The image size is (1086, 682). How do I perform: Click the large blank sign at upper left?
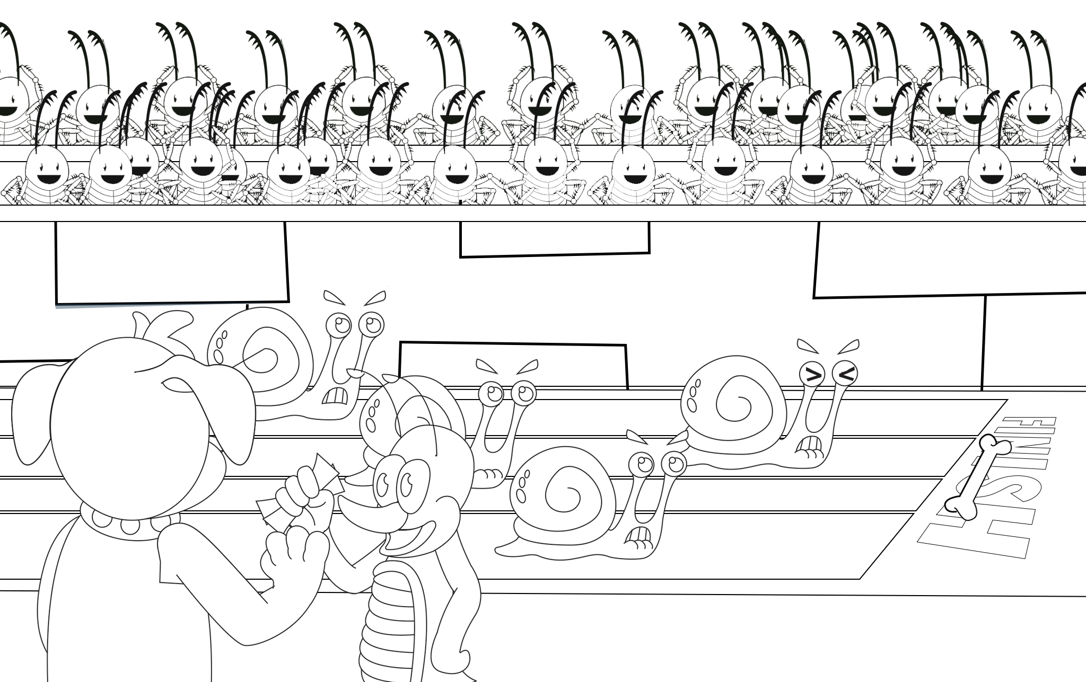(x=172, y=263)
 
